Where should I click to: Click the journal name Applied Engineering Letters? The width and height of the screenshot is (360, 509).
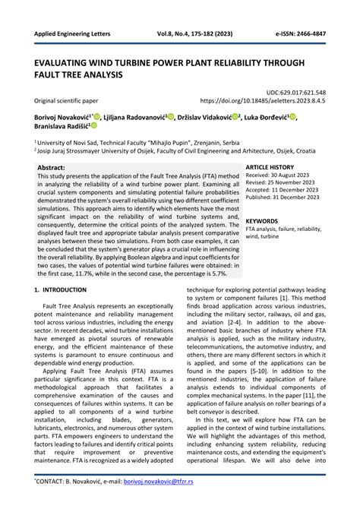[x=67, y=35]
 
